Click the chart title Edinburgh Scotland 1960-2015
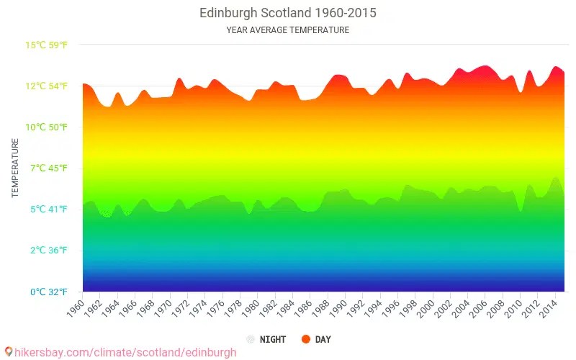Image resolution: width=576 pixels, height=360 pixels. click(287, 13)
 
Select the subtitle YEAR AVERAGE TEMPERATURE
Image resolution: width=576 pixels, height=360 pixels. click(287, 30)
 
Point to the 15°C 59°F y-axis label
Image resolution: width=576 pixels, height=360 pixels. click(47, 45)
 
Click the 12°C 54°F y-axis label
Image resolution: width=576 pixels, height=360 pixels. click(47, 86)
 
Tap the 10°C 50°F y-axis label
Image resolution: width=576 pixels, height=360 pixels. click(47, 127)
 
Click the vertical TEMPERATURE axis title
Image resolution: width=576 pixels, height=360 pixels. click(15, 168)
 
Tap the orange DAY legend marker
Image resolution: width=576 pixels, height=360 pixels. click(306, 339)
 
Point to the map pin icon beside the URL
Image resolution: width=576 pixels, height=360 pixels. click(9, 352)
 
